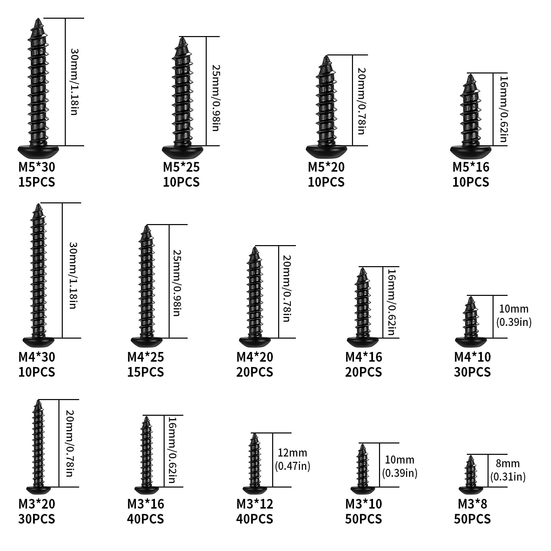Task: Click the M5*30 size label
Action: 37,167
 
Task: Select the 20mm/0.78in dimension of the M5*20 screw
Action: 361,101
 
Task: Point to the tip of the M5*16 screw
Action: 471,74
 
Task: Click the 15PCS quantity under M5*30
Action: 37,182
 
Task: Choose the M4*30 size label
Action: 37,357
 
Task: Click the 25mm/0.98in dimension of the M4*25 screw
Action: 176,283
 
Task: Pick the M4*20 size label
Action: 255,357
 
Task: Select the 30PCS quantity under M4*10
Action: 472,372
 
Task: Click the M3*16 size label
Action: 146,504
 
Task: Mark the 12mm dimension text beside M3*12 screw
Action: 292,453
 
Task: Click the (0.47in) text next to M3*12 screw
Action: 293,466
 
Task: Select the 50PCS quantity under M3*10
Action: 363,519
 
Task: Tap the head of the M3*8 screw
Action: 471,491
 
